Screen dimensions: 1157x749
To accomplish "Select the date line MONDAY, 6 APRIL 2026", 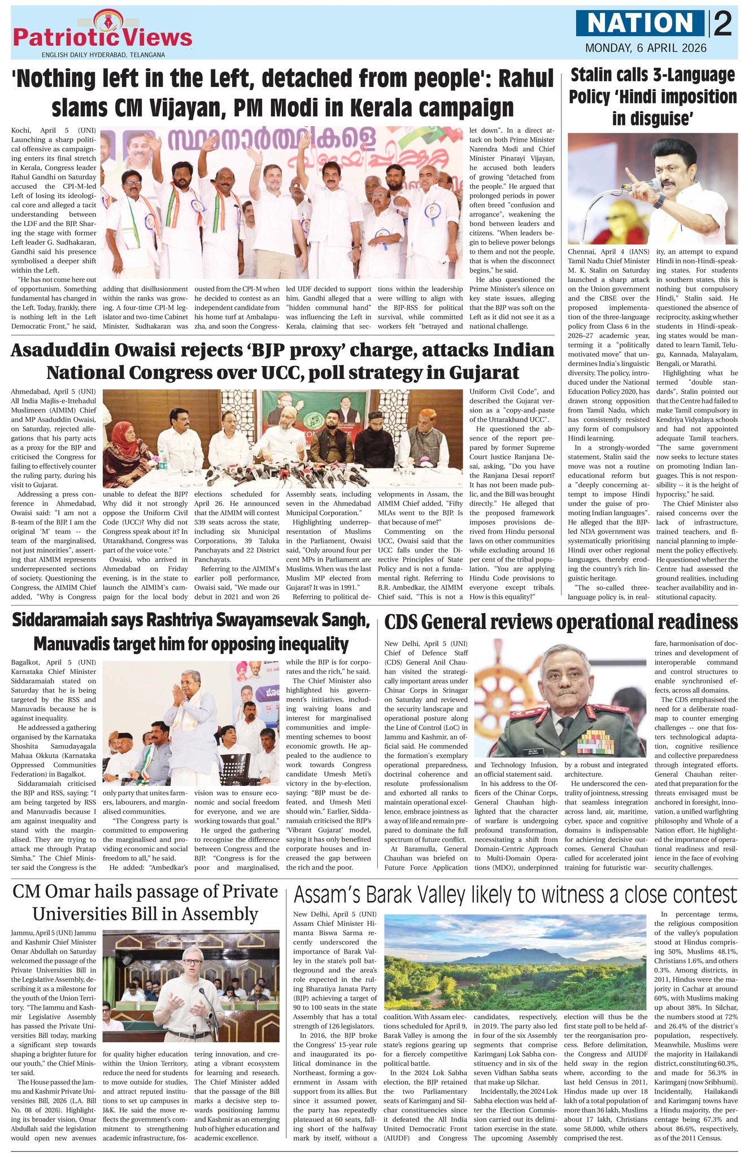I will pyautogui.click(x=645, y=49).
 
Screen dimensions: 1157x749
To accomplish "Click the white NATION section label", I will pyautogui.click(x=641, y=23).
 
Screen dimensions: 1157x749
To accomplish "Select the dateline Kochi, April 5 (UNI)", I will pyautogui.click(x=54, y=130).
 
